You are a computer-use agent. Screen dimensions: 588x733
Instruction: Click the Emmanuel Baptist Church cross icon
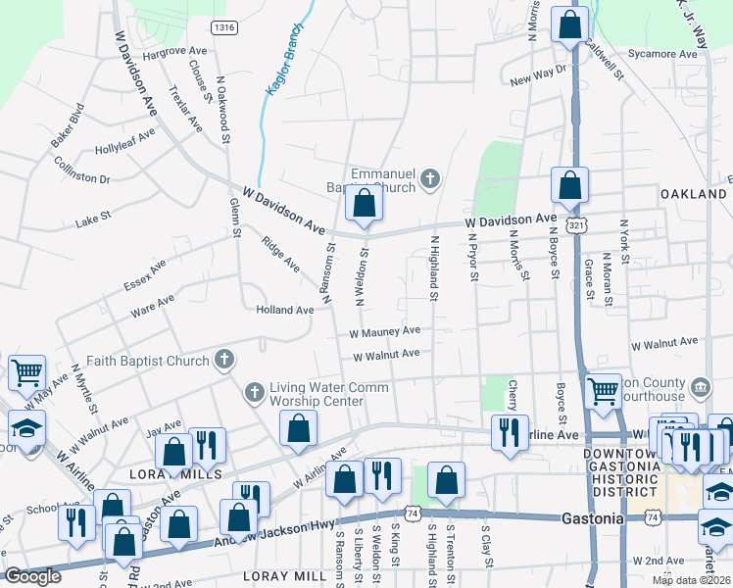[429, 179]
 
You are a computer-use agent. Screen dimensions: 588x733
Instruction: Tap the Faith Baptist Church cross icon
[224, 360]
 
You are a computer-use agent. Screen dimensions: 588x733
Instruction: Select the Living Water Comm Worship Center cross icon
[254, 393]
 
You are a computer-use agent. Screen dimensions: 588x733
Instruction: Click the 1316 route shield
[223, 27]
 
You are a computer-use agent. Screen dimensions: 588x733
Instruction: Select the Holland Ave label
[284, 310]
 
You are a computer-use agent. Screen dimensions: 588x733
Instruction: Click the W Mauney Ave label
[386, 332]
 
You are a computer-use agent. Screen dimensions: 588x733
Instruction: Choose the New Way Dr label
[539, 74]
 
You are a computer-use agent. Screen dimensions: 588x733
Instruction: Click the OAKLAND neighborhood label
[694, 195]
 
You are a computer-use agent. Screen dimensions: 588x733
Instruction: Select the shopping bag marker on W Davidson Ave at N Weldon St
[364, 205]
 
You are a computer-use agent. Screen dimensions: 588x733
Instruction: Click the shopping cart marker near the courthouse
[602, 391]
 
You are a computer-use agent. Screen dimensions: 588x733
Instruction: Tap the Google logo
[32, 576]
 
